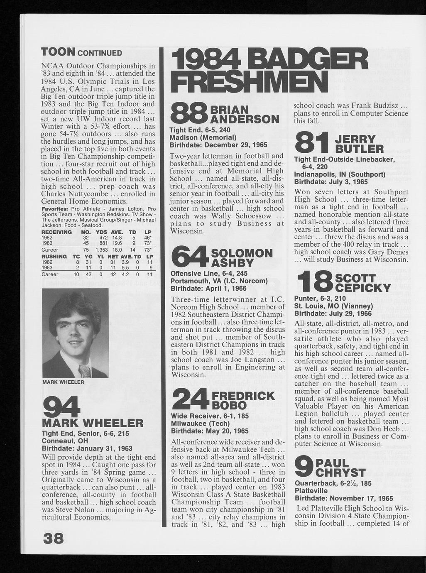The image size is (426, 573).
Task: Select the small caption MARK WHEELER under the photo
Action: click(x=64, y=382)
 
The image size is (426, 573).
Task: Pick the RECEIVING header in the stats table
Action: click(x=57, y=232)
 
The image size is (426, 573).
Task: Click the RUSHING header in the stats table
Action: click(x=54, y=257)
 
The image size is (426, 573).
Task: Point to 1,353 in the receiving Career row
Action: click(x=101, y=250)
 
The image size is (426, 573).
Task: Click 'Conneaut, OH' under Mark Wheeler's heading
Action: click(x=63, y=441)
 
